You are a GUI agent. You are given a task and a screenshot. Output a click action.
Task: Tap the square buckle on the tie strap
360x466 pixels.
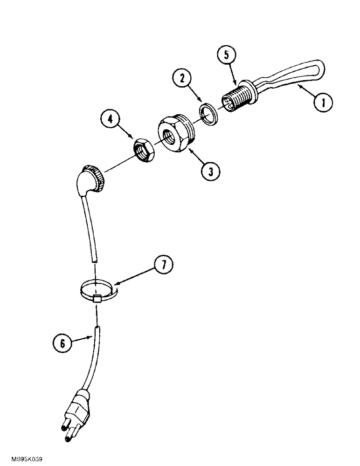(97, 299)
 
